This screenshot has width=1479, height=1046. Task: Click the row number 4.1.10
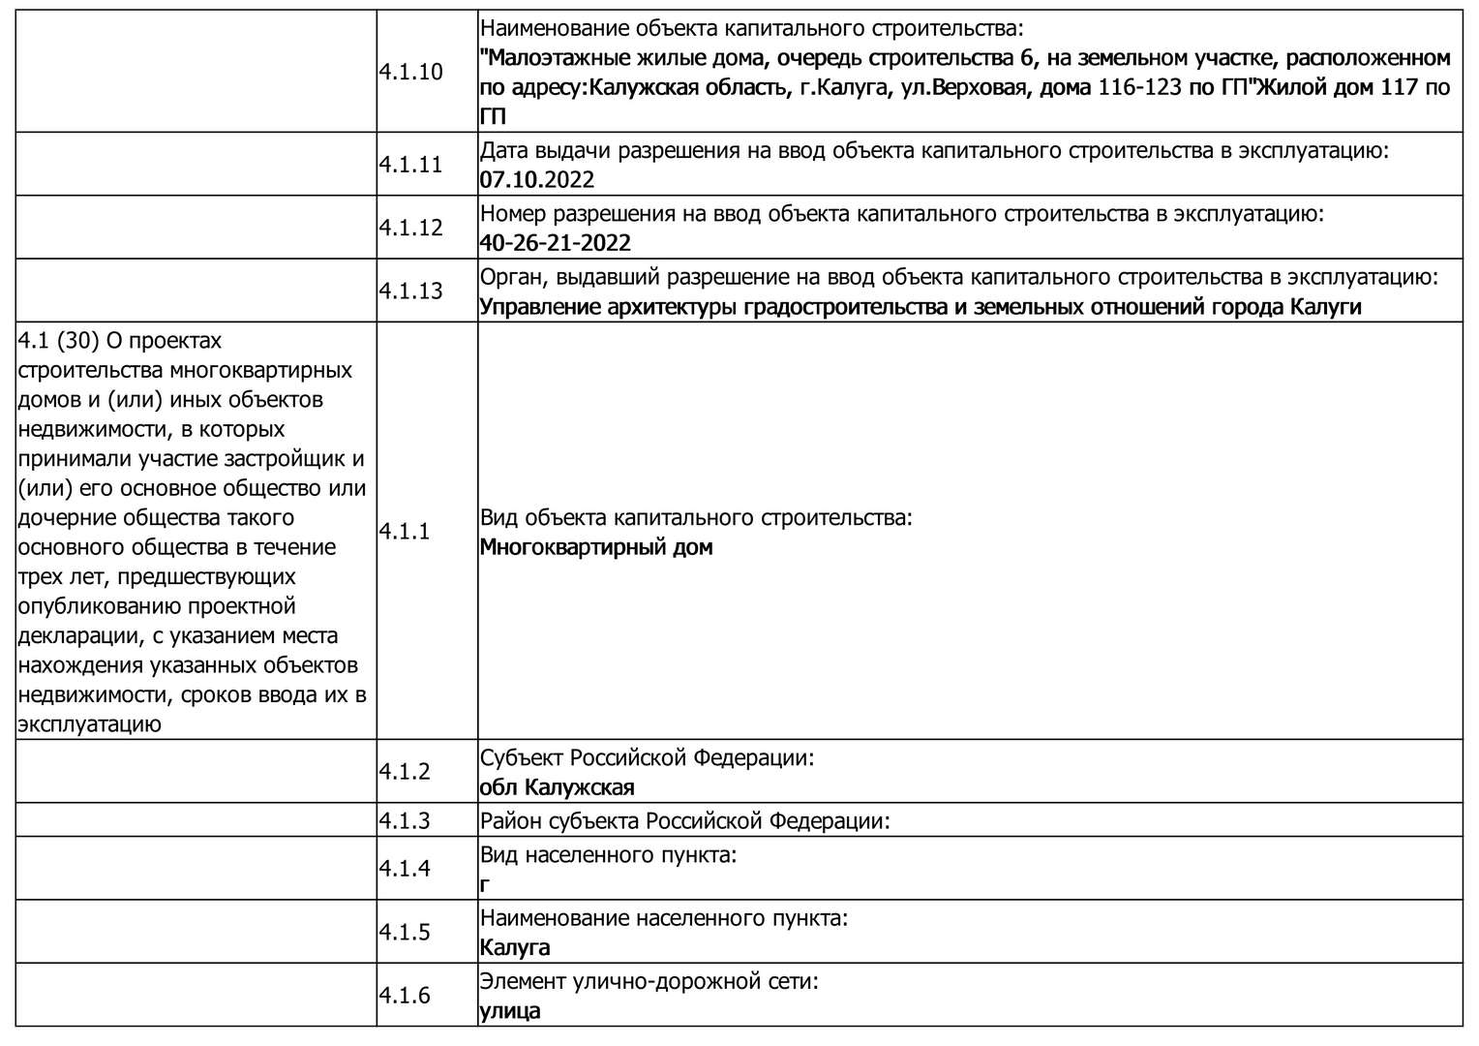click(410, 72)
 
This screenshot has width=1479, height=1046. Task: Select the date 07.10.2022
click(537, 180)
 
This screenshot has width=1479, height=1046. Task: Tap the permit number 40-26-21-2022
click(556, 243)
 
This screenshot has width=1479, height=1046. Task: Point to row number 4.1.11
click(410, 165)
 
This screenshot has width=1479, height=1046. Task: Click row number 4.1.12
click(410, 228)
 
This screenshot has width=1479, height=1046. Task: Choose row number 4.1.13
click(410, 291)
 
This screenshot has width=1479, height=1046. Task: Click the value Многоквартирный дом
click(596, 547)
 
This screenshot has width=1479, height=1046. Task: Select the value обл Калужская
click(558, 787)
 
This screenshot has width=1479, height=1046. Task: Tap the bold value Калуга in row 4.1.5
click(515, 947)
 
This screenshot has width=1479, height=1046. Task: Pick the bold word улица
click(510, 1011)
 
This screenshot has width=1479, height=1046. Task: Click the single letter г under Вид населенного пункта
click(485, 884)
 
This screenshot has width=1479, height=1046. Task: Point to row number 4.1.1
click(405, 532)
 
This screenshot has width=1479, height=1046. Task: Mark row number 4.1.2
click(405, 772)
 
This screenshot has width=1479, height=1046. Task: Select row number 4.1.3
click(405, 821)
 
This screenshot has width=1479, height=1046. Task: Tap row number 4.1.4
click(405, 869)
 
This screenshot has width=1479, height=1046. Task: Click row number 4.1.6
click(405, 996)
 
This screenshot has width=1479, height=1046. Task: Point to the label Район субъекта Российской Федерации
click(684, 821)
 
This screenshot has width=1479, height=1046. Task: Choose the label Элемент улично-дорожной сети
click(649, 982)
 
